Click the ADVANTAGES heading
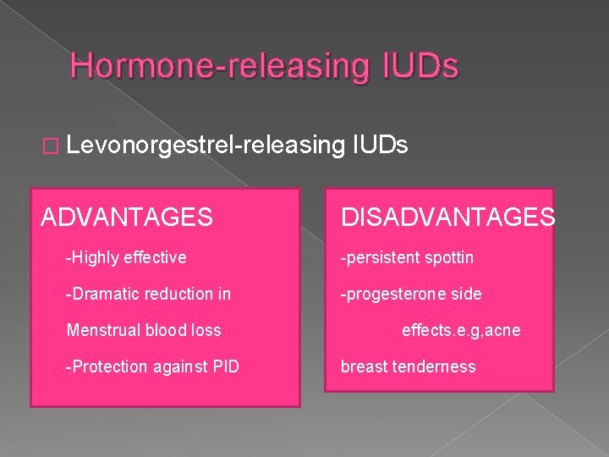click(x=127, y=217)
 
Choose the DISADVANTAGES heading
click(x=447, y=217)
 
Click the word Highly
click(x=96, y=257)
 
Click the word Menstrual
click(x=102, y=330)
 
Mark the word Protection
click(x=107, y=366)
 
